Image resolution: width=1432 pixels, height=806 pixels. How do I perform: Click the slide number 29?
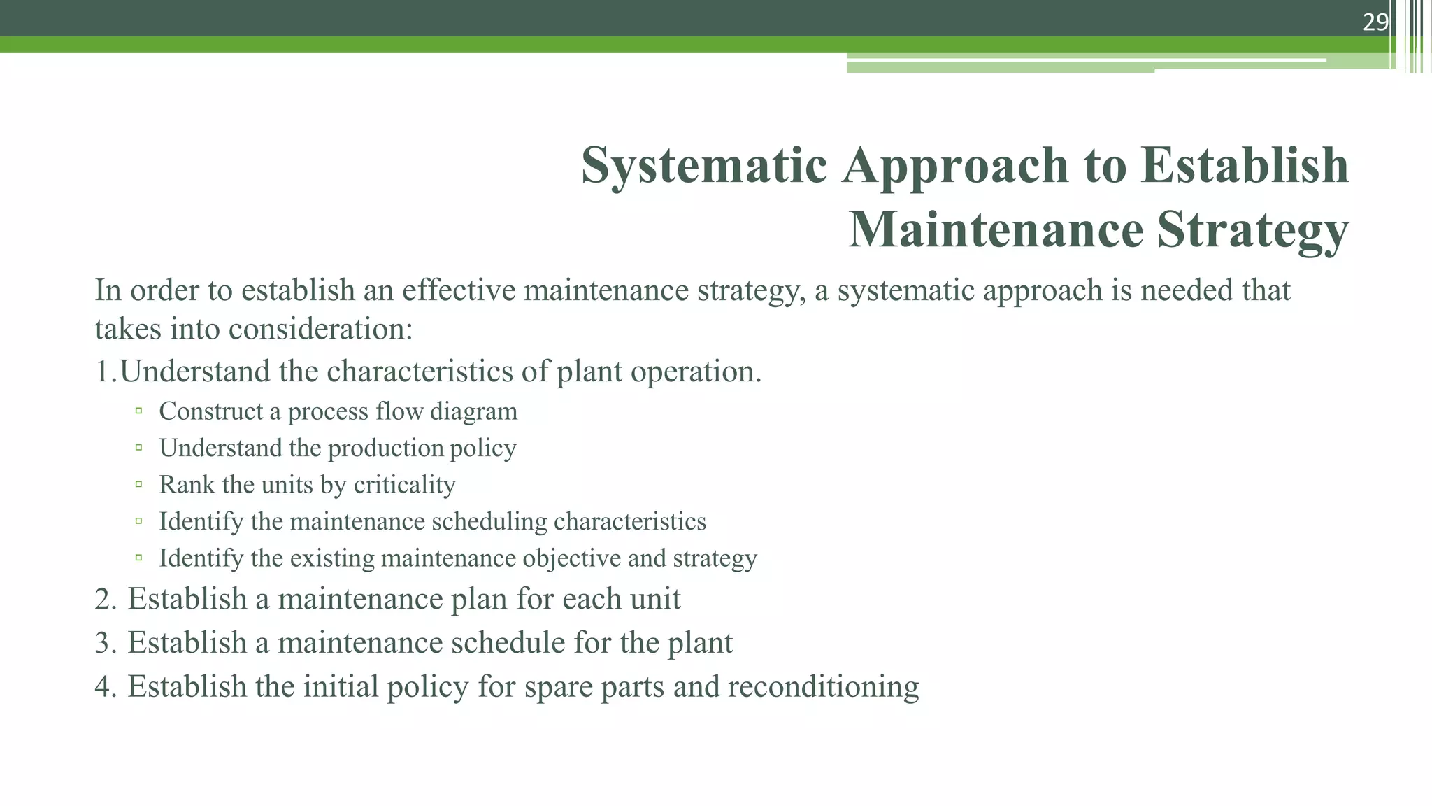(x=1375, y=22)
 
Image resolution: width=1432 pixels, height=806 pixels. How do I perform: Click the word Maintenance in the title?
(x=996, y=229)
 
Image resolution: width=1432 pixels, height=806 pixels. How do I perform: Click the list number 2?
(x=106, y=599)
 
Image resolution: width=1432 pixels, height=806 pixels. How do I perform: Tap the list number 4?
(x=106, y=687)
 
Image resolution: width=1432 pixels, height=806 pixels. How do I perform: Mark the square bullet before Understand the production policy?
(x=139, y=447)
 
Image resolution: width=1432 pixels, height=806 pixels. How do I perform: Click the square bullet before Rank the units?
(x=139, y=484)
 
